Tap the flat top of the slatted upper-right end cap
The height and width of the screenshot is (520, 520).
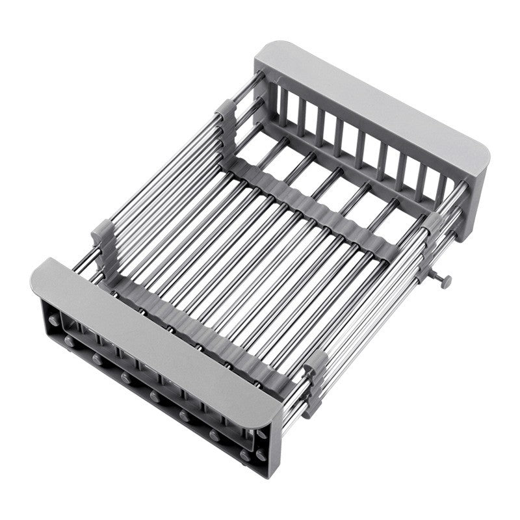[x=370, y=104]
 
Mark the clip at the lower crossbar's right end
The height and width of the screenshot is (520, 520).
[x=315, y=383]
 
